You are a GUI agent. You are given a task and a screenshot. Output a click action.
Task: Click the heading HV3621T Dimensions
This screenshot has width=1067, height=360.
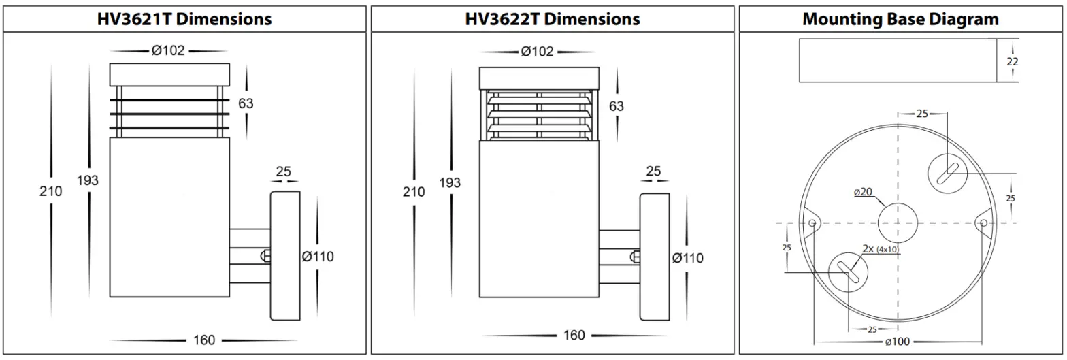[x=185, y=19]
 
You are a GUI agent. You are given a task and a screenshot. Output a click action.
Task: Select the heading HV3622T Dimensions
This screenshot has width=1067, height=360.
[x=553, y=19]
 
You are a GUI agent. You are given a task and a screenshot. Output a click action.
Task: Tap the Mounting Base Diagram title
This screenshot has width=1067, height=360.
[x=901, y=19]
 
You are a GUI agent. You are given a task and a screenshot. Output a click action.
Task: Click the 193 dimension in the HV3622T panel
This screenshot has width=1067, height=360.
[x=449, y=182]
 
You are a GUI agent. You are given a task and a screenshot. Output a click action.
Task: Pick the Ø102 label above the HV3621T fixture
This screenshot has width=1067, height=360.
[x=167, y=51]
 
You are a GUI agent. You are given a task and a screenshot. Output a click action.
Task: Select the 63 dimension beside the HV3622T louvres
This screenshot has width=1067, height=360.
[x=616, y=106]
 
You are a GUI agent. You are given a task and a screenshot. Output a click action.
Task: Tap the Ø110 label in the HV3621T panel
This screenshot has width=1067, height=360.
[x=318, y=257]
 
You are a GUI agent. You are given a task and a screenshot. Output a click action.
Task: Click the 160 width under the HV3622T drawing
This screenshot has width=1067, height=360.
[x=574, y=336]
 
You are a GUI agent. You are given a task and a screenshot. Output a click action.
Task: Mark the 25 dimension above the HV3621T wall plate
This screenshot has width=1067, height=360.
[x=283, y=171]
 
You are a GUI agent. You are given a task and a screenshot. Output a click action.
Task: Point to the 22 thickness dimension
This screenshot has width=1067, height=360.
[x=1013, y=61]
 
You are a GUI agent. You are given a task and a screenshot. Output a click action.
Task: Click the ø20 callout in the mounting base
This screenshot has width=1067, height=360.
[x=862, y=193]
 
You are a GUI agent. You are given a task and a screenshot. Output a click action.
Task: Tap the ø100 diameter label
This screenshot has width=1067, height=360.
[x=898, y=341]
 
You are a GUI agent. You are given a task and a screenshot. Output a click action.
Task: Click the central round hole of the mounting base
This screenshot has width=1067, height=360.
[x=898, y=223]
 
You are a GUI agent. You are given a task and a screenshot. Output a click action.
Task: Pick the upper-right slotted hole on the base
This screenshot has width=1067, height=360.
[x=948, y=173]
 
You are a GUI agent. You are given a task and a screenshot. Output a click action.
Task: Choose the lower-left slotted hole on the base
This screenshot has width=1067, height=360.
[x=848, y=272]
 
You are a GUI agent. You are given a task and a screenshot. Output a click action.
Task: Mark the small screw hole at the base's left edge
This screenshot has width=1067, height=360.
[x=812, y=223]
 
